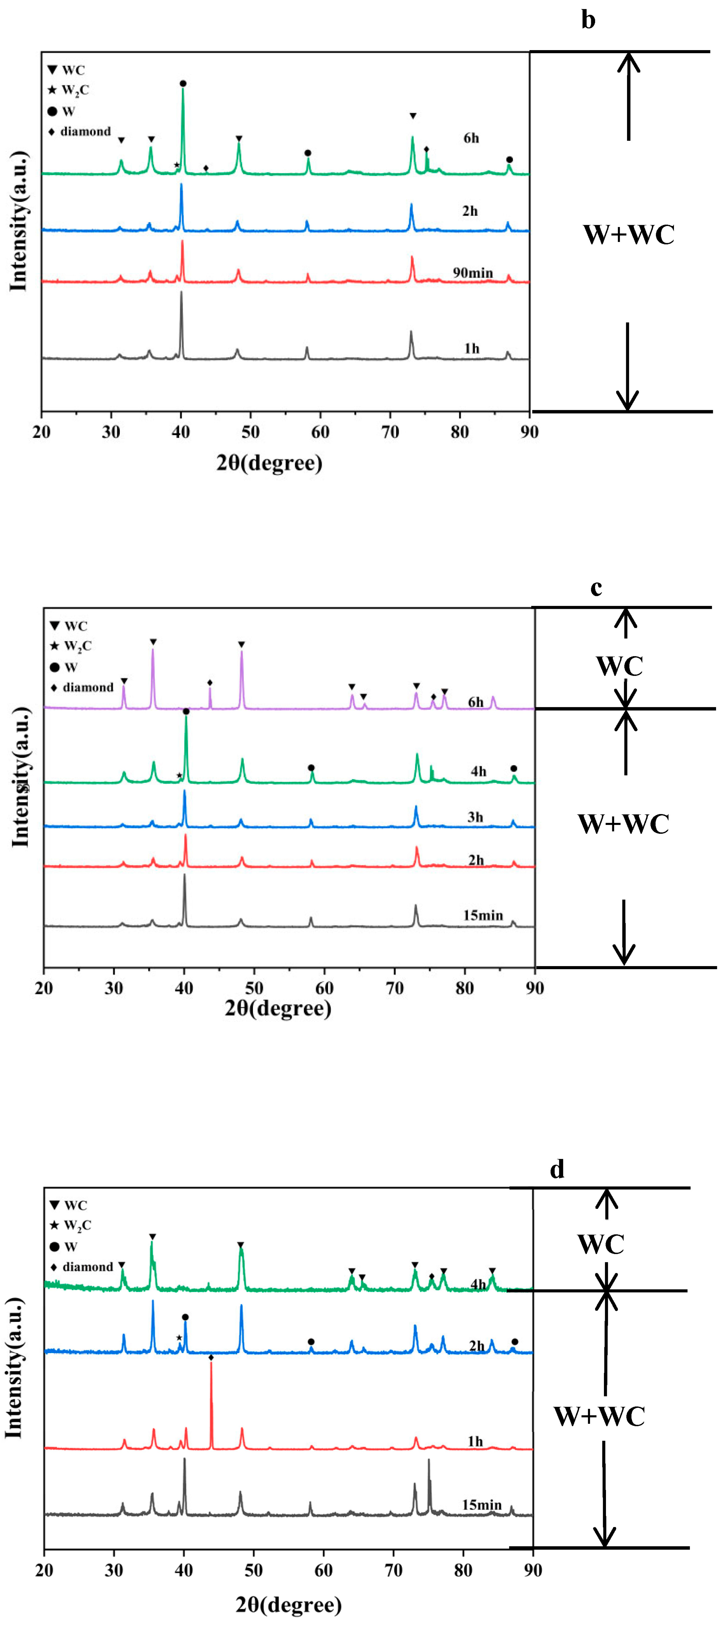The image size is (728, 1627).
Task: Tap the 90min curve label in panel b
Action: pos(472,273)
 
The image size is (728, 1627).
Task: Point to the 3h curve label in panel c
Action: pos(475,817)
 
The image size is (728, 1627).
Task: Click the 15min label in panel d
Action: pos(482,1505)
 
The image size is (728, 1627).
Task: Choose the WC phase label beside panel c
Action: pos(619,666)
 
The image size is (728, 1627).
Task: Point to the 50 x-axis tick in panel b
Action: pos(251,433)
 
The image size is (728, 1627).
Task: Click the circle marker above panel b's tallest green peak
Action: pos(183,83)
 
